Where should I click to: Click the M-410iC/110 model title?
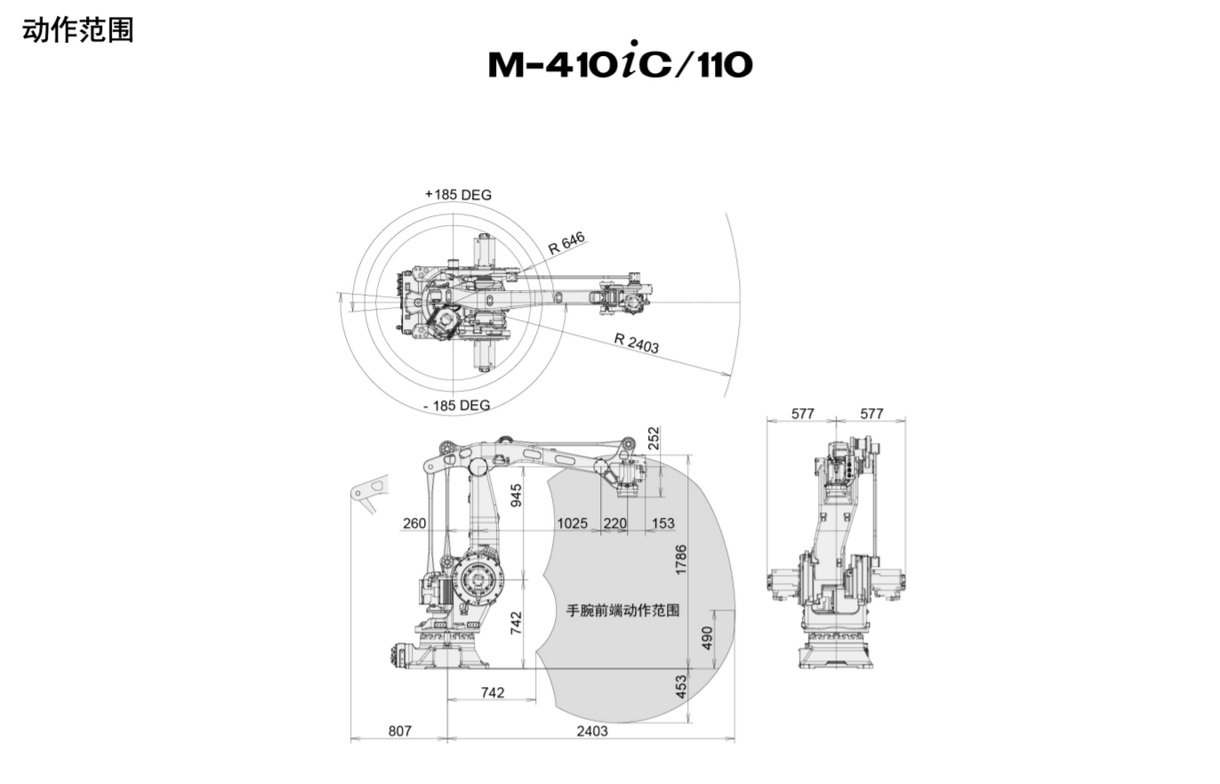click(620, 63)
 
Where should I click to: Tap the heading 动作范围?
click(78, 29)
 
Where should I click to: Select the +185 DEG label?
click(458, 194)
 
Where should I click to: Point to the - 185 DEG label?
click(456, 405)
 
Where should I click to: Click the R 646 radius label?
click(566, 243)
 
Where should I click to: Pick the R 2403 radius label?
click(637, 343)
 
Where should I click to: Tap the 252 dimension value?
click(654, 438)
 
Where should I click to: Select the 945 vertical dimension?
click(516, 490)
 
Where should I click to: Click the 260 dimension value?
click(414, 523)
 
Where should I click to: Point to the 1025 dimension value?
click(572, 523)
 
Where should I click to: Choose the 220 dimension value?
click(615, 523)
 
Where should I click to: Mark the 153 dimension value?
click(662, 523)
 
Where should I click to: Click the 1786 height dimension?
click(681, 560)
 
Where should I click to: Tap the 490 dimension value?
click(707, 638)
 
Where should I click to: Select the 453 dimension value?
click(681, 687)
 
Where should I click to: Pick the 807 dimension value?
click(400, 731)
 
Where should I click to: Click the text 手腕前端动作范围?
click(623, 610)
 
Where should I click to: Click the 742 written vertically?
click(516, 622)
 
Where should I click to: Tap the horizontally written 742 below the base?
click(492, 692)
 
